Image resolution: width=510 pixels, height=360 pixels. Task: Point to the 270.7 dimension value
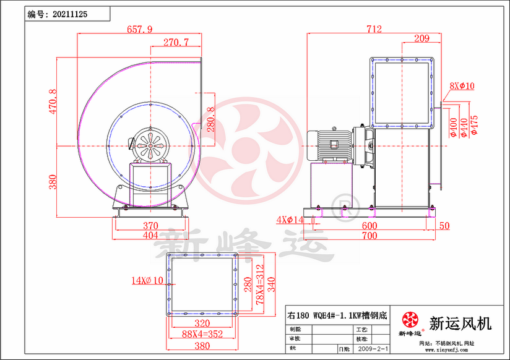[176, 42]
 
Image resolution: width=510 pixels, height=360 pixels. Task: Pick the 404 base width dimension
[151, 236]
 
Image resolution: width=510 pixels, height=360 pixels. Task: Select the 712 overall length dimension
[374, 29]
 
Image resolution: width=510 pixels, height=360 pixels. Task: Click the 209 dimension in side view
[421, 39]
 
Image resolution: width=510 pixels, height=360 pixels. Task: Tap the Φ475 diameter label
[475, 124]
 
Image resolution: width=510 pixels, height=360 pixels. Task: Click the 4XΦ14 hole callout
[290, 220]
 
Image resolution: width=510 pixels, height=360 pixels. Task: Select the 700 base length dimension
[370, 236]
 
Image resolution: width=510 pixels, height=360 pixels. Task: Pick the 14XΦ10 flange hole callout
[146, 281]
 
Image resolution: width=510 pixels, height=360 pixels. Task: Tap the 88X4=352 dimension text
[203, 335]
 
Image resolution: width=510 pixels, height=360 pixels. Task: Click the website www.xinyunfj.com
[447, 350]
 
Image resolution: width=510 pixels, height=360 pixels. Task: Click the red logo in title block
[409, 320]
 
